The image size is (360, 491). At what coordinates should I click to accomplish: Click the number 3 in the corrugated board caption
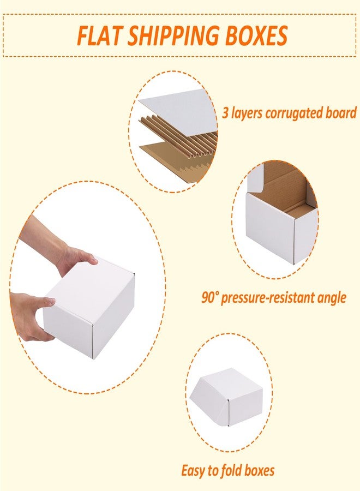coord(225,113)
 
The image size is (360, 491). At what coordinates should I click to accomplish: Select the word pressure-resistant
coord(268,298)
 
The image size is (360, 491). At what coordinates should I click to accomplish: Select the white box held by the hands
coord(89,309)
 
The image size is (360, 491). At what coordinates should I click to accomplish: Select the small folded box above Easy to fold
coord(226,397)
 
